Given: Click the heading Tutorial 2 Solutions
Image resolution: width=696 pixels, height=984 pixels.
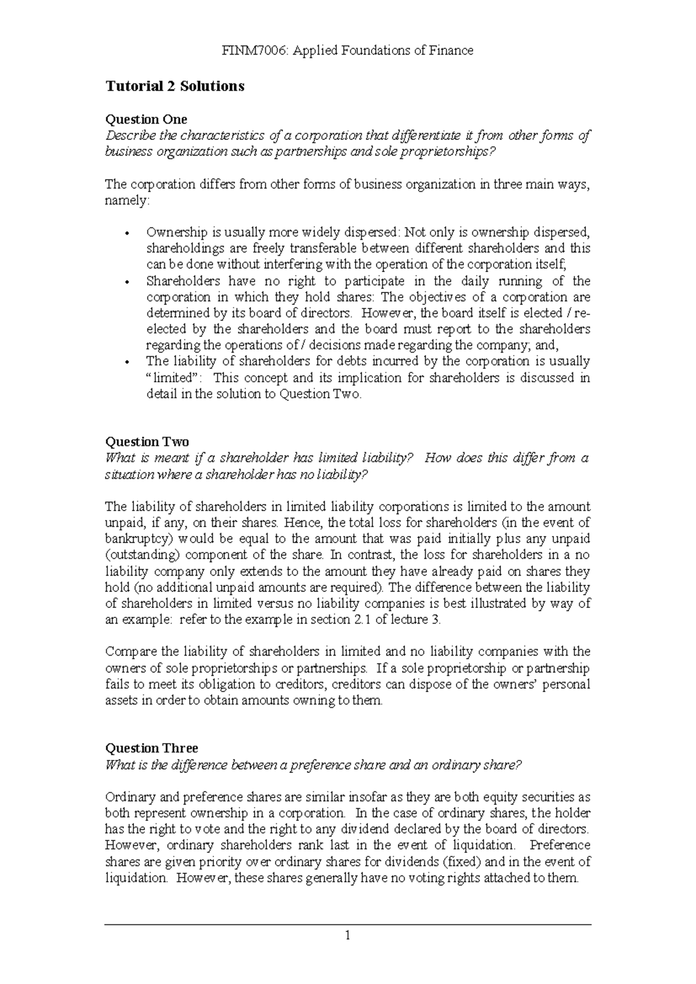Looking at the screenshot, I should (174, 86).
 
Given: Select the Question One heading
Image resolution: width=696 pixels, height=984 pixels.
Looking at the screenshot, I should (146, 120).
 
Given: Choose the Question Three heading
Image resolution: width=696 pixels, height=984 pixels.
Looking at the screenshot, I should (151, 748).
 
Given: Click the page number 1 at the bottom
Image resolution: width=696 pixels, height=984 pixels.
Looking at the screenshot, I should (347, 935).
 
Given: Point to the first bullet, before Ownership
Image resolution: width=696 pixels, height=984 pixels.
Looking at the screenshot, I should (126, 234).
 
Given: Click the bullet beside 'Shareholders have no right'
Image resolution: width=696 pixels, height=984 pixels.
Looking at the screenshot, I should (126, 283).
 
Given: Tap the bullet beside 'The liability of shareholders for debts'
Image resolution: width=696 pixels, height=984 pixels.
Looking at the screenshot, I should (126, 362).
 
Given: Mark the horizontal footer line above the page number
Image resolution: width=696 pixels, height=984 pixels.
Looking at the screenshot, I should (347, 924).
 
